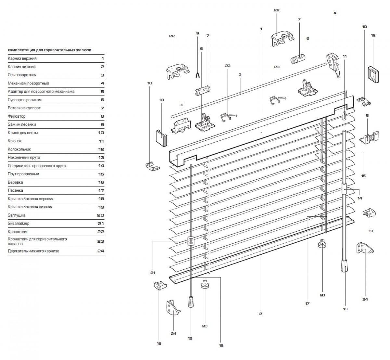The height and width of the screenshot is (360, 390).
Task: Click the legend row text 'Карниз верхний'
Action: click(22, 58)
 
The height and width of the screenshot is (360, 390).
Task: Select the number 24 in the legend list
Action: click(100, 251)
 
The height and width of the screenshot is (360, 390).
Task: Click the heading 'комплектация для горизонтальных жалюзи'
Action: click(49, 50)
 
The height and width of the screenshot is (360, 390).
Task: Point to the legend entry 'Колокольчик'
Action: click(19, 149)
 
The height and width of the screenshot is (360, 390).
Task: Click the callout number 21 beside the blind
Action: click(153, 273)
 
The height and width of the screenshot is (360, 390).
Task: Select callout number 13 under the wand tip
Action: click(345, 309)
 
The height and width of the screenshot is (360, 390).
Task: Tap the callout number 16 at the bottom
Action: click(221, 345)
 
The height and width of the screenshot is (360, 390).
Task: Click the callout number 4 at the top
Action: click(335, 13)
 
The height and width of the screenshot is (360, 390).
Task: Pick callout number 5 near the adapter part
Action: click(367, 115)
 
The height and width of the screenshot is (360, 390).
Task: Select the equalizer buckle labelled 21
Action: click(191, 241)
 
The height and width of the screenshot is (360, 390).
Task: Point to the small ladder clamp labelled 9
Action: click(197, 75)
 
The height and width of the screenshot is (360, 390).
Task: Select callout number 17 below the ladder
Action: click(307, 303)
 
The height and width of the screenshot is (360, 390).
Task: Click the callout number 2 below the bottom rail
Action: click(261, 314)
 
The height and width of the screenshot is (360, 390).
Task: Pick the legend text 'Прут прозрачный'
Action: click(23, 174)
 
